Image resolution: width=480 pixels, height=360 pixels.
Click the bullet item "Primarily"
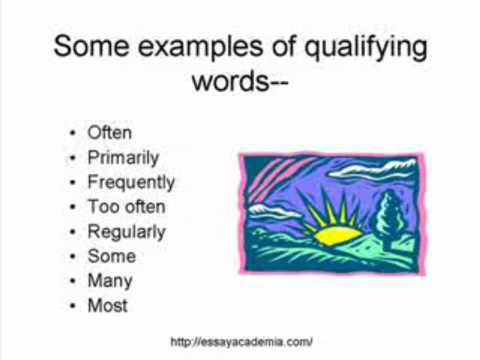click(123, 158)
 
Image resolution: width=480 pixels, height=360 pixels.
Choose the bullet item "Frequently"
click(131, 182)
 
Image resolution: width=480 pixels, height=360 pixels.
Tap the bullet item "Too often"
click(126, 206)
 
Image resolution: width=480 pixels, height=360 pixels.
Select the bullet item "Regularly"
click(126, 232)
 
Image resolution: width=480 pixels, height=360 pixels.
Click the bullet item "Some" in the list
click(111, 256)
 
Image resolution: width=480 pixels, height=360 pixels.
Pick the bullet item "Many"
click(110, 281)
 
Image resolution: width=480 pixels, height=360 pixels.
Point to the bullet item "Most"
click(107, 305)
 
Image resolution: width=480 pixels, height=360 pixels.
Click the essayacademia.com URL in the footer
click(241, 342)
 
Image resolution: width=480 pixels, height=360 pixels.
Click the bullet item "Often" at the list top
click(109, 133)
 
